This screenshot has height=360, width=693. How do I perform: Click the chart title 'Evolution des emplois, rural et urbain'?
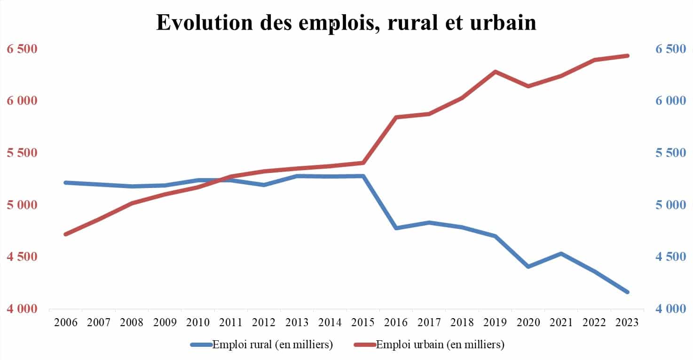[346, 23]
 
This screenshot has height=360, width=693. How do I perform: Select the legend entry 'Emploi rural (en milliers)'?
[273, 344]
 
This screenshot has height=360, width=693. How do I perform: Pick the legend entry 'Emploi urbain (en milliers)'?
[440, 344]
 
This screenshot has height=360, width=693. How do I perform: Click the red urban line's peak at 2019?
[495, 71]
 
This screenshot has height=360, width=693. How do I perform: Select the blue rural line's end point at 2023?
[627, 292]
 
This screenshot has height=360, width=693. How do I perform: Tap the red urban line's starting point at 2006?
[66, 234]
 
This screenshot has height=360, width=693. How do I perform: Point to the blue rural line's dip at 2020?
[528, 266]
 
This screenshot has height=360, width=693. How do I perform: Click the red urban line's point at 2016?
[396, 117]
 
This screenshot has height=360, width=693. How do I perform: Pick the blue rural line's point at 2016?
[396, 228]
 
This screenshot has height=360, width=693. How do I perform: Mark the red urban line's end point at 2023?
[627, 55]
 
